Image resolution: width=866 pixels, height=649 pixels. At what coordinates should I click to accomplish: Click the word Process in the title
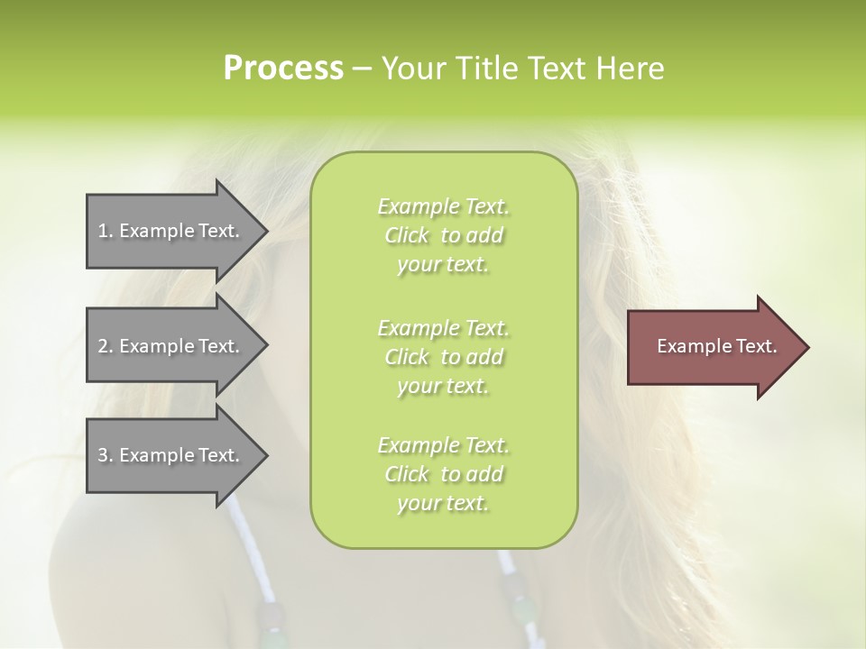coord(283,69)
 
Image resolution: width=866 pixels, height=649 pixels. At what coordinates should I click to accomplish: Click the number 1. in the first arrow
coord(105,231)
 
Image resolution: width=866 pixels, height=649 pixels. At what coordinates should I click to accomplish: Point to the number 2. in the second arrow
coord(105,346)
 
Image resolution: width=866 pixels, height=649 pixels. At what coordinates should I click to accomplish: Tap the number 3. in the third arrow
coord(105,455)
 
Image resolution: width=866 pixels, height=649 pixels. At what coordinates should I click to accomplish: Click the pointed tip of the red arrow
coord(806,347)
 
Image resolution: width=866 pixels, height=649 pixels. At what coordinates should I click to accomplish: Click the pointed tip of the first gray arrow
coord(264,231)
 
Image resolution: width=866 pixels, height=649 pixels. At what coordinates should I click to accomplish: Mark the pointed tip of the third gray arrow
coord(264,455)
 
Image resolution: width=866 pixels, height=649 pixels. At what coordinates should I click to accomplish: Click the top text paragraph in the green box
coord(444,235)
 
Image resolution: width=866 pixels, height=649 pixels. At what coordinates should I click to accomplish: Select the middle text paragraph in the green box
coord(444,356)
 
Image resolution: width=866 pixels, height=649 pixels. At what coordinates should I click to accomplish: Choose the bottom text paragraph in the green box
coord(444,474)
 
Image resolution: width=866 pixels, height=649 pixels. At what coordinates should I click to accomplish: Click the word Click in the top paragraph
coord(407,235)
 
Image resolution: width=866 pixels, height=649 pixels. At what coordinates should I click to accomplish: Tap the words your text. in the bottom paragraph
coord(443,504)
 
